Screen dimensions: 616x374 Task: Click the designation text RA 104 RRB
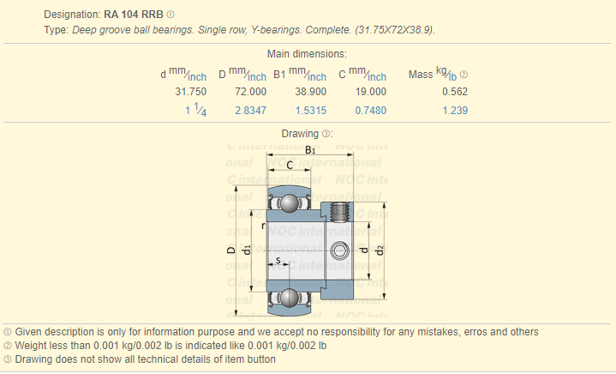(x=134, y=15)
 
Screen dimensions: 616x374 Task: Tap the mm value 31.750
(x=190, y=92)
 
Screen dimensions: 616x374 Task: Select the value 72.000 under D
(x=251, y=92)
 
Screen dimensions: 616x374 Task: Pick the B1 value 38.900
(x=311, y=92)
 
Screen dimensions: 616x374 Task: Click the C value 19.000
(x=371, y=92)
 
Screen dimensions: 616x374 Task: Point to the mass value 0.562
(x=455, y=92)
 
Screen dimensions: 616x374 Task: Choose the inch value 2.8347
(x=251, y=111)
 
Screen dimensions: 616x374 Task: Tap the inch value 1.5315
(x=311, y=111)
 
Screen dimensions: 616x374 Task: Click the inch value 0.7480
(x=371, y=111)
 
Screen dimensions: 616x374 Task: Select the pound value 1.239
(x=455, y=111)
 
